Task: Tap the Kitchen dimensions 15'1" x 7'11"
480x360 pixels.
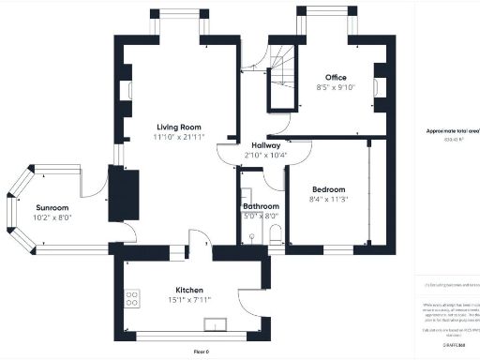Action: [188, 300]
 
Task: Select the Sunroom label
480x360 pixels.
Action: [52, 207]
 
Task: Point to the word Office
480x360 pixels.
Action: [337, 77]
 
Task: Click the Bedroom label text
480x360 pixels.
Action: [327, 189]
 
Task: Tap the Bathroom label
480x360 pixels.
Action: [261, 205]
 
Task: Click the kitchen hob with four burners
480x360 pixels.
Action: [132, 299]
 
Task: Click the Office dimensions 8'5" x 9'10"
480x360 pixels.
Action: [337, 87]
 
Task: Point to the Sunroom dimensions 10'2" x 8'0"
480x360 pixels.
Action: [52, 217]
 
